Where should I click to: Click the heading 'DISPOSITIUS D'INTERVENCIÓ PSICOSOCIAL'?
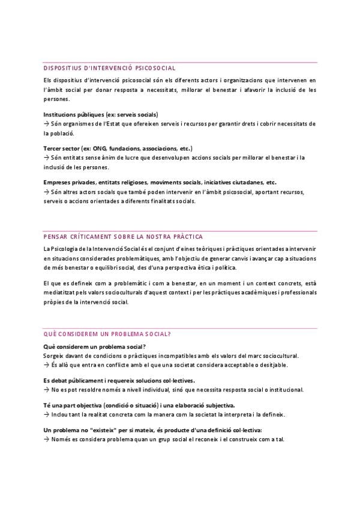point(109,68)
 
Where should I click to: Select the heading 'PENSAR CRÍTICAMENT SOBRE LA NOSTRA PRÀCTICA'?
point(123,236)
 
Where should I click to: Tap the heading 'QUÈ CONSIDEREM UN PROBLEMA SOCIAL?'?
point(107,334)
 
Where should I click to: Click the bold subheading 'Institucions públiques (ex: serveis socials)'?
point(101,113)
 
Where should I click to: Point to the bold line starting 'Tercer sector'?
point(118,148)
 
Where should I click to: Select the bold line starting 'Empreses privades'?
point(160,182)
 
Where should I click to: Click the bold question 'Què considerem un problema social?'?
point(95,346)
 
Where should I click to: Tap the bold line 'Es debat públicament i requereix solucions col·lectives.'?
point(119,381)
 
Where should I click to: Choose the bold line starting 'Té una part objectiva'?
point(139,405)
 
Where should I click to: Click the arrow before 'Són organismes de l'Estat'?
point(46,123)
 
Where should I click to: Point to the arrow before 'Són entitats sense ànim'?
point(46,157)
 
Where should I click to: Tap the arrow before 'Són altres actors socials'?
point(46,191)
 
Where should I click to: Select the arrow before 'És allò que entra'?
point(46,364)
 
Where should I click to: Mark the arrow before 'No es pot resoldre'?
point(46,390)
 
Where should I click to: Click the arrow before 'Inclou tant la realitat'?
point(46,414)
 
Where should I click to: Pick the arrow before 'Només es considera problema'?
point(46,439)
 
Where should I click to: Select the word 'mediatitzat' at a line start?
point(59,294)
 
